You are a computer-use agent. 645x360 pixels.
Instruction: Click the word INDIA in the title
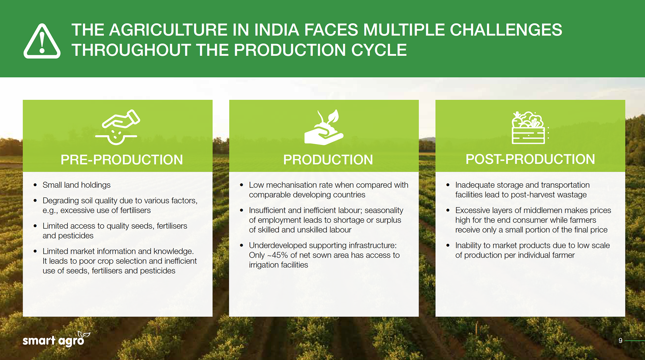276,30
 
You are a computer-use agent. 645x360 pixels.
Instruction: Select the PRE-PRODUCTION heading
122,160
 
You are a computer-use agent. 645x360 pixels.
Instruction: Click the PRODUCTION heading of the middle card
328,160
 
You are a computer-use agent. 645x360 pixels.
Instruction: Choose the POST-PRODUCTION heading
530,159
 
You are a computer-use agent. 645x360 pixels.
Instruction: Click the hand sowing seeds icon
117,127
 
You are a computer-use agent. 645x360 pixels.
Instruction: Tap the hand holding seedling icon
324,127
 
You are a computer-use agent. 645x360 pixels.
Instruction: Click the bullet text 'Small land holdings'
77,185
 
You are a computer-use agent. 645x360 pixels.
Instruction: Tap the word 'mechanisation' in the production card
291,185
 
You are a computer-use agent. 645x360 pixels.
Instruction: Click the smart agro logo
56,339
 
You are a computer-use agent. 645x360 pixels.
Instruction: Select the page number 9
620,341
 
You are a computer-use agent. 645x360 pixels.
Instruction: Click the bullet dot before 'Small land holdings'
35,185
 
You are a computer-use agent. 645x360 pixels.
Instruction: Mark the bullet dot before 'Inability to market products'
448,245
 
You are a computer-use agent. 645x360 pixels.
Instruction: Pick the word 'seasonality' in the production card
384,211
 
